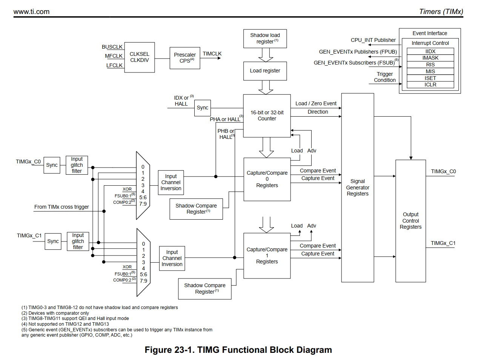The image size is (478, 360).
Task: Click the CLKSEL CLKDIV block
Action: coord(139,57)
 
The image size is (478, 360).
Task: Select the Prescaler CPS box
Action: coord(184,58)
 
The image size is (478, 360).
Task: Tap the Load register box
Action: coord(265,71)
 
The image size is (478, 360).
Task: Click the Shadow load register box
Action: coord(265,38)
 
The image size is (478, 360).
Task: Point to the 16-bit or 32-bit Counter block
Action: coord(267,115)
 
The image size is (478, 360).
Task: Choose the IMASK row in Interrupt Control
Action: coord(430,58)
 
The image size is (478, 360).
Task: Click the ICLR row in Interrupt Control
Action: coord(430,85)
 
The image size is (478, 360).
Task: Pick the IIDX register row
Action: coord(430,51)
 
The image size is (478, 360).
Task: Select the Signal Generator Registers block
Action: coord(357,188)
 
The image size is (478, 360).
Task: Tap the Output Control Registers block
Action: coord(410,221)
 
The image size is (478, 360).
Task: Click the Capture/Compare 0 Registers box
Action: coord(267,179)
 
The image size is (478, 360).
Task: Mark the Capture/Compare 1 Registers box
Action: coord(267,255)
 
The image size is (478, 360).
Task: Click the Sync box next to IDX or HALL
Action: coord(202,108)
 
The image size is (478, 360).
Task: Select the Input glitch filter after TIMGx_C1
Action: coord(78,241)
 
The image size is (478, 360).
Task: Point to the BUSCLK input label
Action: coord(112,47)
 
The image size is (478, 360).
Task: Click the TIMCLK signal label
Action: coord(212,54)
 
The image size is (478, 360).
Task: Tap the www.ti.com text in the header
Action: coord(31,12)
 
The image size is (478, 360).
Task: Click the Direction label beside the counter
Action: coord(318,112)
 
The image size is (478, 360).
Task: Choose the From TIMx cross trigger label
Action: coord(61,207)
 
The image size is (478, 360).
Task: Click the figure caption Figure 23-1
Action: coord(238,350)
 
